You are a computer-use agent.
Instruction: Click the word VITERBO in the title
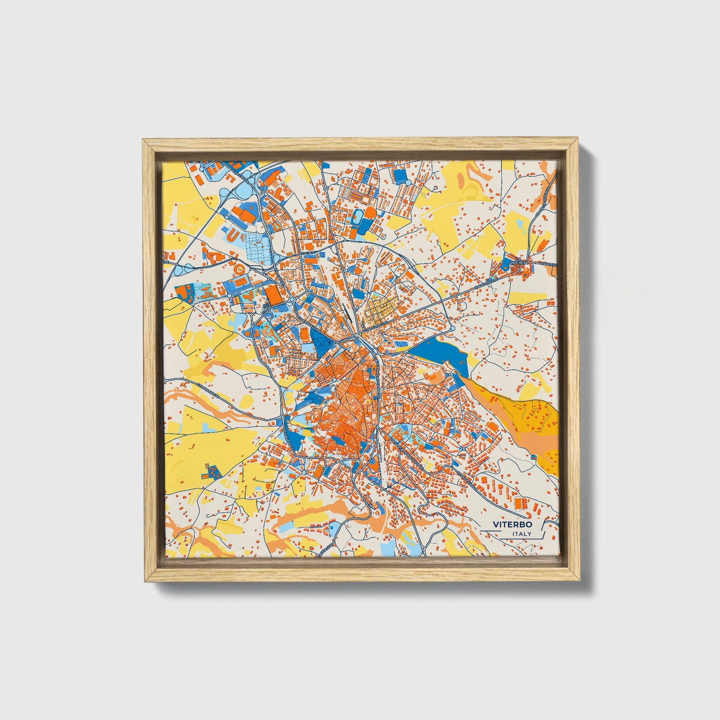[512, 524]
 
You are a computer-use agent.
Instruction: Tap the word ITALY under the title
[521, 534]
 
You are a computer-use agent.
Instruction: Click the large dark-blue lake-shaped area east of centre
[441, 353]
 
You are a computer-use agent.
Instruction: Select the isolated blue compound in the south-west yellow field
[213, 471]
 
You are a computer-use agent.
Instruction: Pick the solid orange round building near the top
[369, 213]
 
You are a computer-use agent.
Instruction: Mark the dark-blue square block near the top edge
[400, 174]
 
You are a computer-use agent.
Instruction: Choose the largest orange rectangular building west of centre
[274, 293]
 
